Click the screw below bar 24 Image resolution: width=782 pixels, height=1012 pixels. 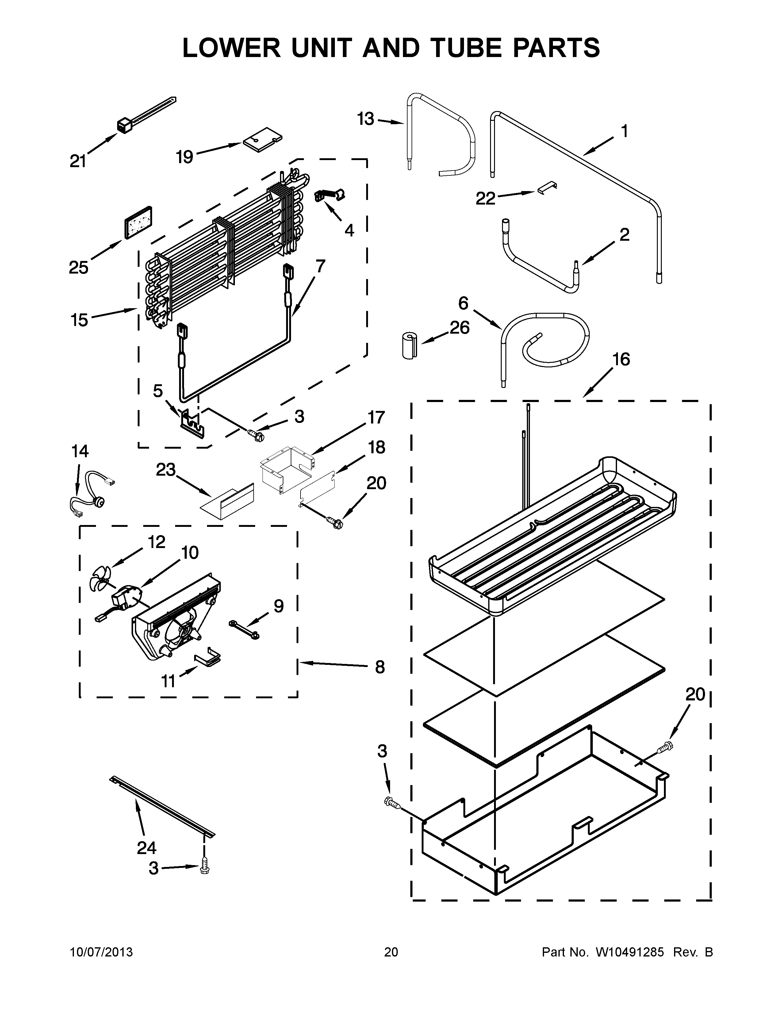(x=204, y=870)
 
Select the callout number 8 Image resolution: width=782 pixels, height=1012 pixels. (x=379, y=668)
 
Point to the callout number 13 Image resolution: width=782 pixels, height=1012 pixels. (x=366, y=119)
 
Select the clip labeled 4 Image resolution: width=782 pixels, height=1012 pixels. (x=329, y=196)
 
